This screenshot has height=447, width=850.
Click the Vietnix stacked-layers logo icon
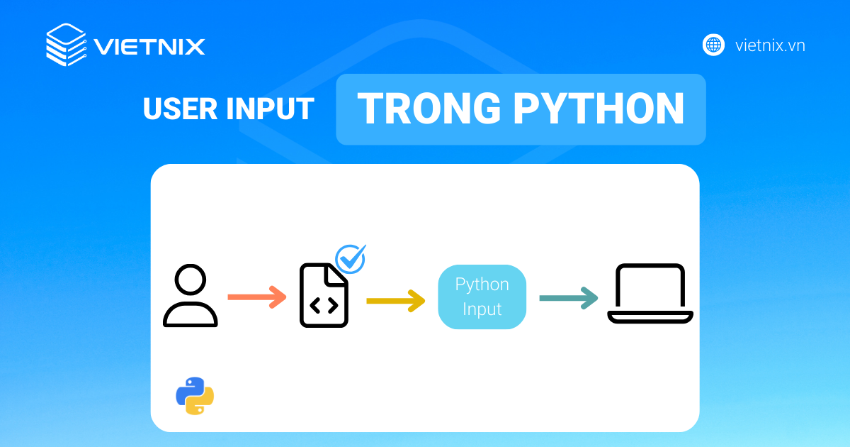point(66,45)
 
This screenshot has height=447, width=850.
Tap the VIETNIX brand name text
point(149,47)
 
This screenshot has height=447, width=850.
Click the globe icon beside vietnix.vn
point(713,45)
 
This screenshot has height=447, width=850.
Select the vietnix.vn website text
point(770,45)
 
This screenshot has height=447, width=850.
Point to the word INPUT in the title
point(270,109)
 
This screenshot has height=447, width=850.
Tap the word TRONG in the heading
point(429,109)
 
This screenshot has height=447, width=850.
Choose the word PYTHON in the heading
point(599,109)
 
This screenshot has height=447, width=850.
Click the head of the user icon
point(190,280)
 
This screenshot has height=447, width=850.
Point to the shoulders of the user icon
point(190,314)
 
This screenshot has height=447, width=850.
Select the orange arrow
point(257,297)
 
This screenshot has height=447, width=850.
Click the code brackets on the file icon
point(324,305)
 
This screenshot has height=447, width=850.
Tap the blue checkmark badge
point(351,259)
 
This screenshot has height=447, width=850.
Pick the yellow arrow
point(396,301)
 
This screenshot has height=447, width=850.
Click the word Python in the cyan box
point(482,285)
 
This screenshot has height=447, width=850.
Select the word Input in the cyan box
point(482,309)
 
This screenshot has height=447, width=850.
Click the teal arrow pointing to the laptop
point(569,298)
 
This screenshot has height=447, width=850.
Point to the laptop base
point(650,317)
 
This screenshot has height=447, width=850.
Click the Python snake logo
point(195,396)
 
